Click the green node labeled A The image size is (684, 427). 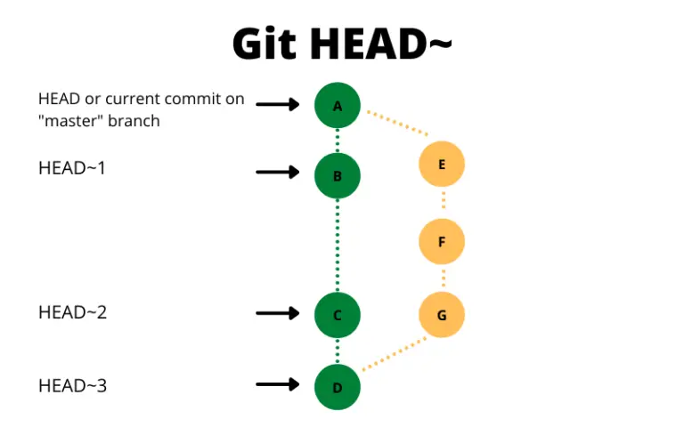[338, 106]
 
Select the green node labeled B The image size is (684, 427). [338, 175]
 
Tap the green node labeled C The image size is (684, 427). [338, 314]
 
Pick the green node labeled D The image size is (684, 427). [338, 386]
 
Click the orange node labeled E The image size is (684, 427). [442, 165]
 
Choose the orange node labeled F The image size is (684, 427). [442, 240]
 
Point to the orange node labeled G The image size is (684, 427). [442, 314]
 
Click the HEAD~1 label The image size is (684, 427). [72, 166]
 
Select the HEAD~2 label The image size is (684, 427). [72, 312]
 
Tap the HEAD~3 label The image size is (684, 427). [72, 386]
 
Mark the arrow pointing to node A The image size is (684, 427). [278, 104]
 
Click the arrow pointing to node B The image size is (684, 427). [278, 172]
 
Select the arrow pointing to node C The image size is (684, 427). [278, 313]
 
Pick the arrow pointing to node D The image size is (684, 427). [278, 384]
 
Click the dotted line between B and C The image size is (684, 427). [338, 245]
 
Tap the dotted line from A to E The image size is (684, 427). [397, 125]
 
